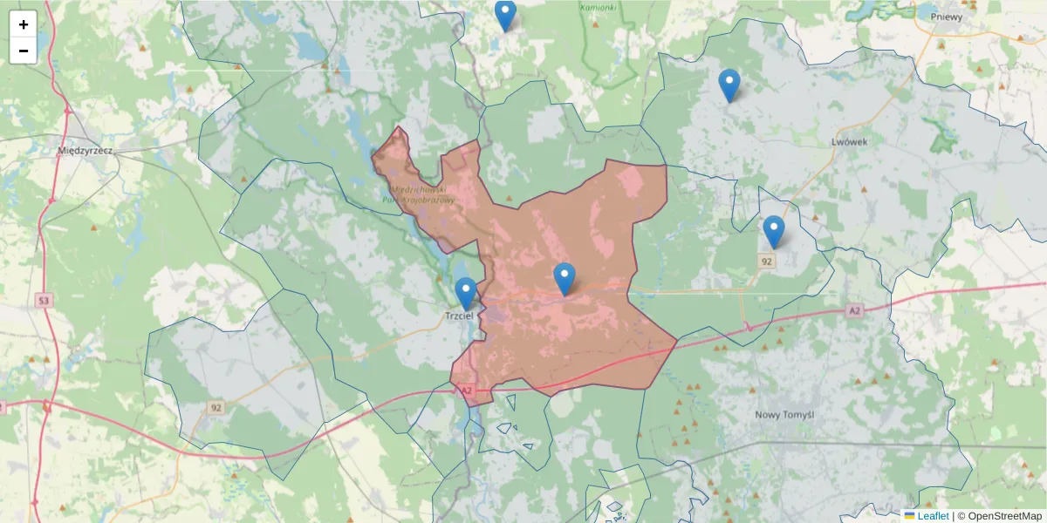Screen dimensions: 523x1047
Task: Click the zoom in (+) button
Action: tap(24, 24)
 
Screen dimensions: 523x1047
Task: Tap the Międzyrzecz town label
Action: tap(85, 150)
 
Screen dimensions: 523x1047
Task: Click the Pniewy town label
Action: tap(947, 16)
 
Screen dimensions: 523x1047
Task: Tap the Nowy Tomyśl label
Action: tap(784, 415)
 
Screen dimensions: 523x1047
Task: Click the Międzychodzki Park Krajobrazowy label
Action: tap(420, 194)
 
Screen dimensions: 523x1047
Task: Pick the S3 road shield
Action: tap(43, 301)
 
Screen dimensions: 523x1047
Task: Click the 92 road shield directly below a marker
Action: tap(767, 261)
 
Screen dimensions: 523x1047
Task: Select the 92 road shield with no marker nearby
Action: tap(216, 407)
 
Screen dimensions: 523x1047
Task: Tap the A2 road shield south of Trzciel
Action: tap(466, 391)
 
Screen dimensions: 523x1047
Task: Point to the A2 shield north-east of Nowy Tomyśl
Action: tap(854, 309)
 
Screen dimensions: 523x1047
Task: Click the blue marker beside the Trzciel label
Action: tap(466, 294)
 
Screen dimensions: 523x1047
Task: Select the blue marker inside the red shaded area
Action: tap(565, 279)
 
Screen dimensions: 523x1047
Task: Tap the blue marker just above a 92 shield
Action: tap(773, 232)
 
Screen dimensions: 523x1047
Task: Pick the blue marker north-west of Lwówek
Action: tap(729, 85)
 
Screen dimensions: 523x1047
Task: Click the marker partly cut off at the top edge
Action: tap(505, 15)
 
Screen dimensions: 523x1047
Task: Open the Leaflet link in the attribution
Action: tap(933, 516)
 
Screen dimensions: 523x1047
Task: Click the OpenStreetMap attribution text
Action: tap(1004, 516)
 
